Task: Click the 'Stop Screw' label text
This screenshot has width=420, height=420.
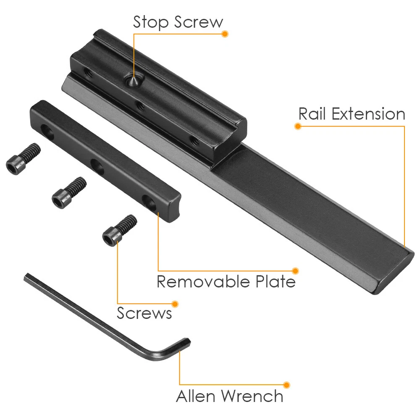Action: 178,22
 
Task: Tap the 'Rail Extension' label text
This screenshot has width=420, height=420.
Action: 352,114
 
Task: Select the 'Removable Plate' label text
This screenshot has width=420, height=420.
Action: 226,281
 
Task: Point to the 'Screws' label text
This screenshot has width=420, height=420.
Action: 144,313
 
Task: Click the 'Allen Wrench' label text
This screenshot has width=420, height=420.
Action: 230,396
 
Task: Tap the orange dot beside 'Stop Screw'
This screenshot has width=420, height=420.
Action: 225,34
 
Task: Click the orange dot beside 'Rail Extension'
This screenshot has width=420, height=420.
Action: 298,126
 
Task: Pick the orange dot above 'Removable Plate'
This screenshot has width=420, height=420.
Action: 295,271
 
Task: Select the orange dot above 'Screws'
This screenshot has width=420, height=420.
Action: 175,304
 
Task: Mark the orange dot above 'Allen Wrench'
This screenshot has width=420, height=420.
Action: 286,385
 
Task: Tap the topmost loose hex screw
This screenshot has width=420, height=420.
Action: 23,159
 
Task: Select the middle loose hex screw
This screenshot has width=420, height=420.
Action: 69,193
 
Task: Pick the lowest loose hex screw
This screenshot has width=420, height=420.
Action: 120,230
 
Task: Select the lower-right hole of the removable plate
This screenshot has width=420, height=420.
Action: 149,202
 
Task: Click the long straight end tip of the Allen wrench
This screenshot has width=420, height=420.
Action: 26,276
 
